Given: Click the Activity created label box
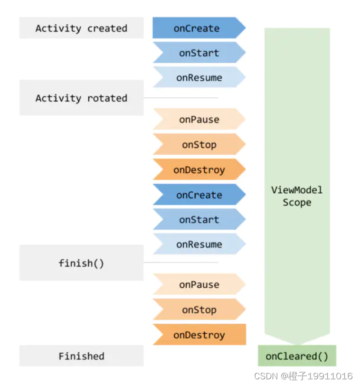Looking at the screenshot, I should (81, 28).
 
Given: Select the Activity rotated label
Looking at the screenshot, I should (81, 98).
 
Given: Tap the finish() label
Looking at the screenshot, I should (81, 263).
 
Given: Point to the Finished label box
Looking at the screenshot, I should (81, 356).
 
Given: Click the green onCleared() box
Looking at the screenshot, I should (297, 356).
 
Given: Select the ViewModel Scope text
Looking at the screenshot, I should (297, 196).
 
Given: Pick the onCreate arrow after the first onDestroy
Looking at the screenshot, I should (199, 195).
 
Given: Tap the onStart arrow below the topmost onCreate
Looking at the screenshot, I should (199, 53).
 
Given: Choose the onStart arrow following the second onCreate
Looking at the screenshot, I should (199, 220).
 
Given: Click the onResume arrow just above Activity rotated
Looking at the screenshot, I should (199, 78).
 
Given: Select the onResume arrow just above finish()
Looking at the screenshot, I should (199, 244).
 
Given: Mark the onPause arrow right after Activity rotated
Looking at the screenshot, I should (199, 120).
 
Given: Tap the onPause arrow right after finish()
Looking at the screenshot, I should (199, 285).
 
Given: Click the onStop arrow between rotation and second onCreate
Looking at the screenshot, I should (199, 145).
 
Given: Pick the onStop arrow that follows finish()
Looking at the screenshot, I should (199, 310).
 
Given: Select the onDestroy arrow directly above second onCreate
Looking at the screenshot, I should (199, 170).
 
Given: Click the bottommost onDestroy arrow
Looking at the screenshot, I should (199, 335).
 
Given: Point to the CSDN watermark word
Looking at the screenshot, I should (266, 376).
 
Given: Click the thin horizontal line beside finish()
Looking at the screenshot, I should (180, 262).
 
